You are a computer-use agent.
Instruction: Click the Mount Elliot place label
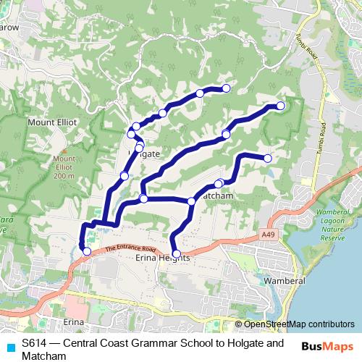pyautogui.click(x=52, y=123)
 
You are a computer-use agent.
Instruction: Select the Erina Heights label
pyautogui.click(x=162, y=258)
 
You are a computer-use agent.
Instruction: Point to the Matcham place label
pyautogui.click(x=217, y=196)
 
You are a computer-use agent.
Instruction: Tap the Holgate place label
pyautogui.click(x=144, y=154)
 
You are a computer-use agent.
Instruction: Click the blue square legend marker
pyautogui.click(x=9, y=344)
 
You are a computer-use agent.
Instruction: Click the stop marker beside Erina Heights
pyautogui.click(x=177, y=253)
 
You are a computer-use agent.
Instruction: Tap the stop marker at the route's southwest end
pyautogui.click(x=87, y=251)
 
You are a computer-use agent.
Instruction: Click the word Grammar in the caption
pyautogui.click(x=151, y=343)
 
